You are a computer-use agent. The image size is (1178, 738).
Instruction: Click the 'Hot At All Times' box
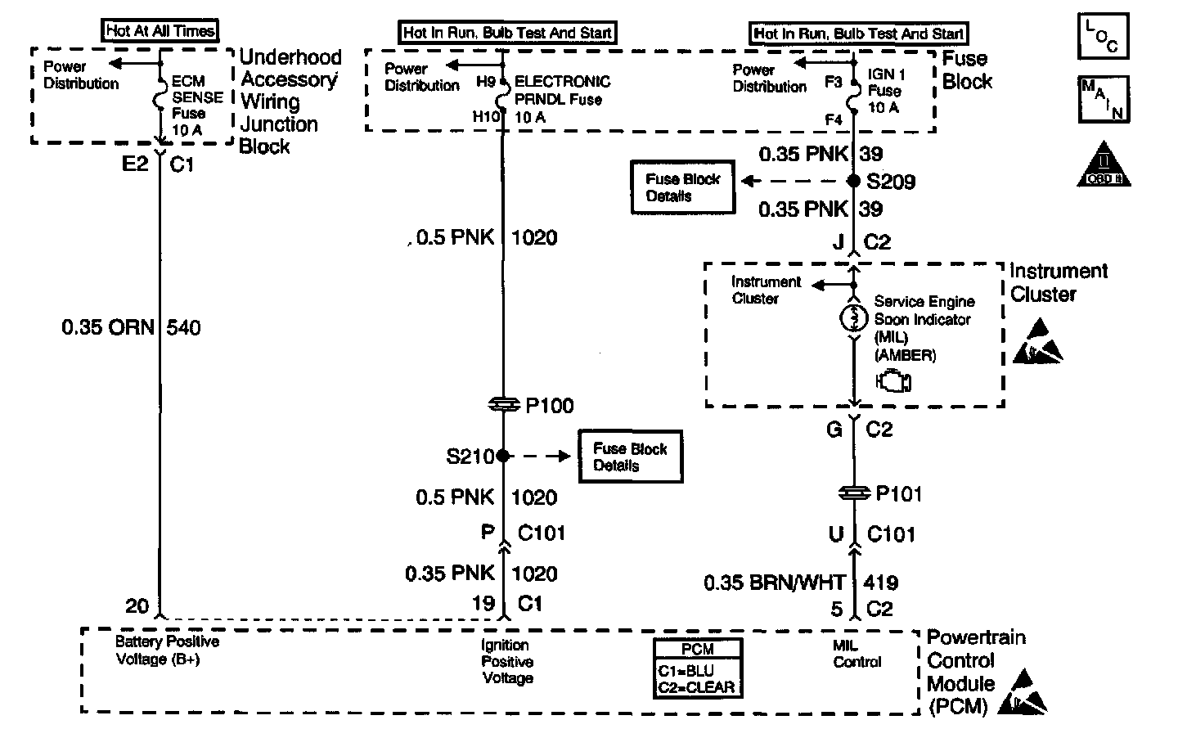[x=160, y=30]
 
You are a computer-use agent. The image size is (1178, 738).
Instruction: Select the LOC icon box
[x=1103, y=36]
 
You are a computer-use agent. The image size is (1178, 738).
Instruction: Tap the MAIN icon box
[x=1104, y=99]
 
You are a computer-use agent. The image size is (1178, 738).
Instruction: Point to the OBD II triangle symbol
[x=1104, y=164]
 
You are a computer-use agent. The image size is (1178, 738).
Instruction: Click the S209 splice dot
[x=853, y=181]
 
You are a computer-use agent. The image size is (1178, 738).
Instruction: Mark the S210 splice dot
[x=503, y=456]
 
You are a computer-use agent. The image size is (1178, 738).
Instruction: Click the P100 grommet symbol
[x=504, y=404]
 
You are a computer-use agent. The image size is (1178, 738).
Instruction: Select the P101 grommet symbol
[x=854, y=493]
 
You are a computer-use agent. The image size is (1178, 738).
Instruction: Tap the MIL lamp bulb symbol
[x=854, y=317]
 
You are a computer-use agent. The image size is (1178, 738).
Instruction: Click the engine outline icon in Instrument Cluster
[x=893, y=381]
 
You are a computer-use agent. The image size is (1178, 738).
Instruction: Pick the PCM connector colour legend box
[x=697, y=668]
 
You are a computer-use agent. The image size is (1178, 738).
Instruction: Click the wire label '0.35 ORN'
[x=108, y=327]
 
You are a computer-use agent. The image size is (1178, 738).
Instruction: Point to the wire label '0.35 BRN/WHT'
[x=775, y=583]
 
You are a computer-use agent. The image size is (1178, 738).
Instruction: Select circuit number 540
[x=183, y=328]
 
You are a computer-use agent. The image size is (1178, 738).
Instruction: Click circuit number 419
[x=881, y=583]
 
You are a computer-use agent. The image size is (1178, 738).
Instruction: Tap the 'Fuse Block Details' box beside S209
[x=682, y=187]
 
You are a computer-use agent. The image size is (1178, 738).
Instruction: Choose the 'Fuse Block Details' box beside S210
[x=631, y=457]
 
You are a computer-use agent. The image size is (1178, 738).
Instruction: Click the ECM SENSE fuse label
[x=197, y=106]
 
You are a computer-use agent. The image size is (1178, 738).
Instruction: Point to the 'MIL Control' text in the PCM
[x=857, y=653]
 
